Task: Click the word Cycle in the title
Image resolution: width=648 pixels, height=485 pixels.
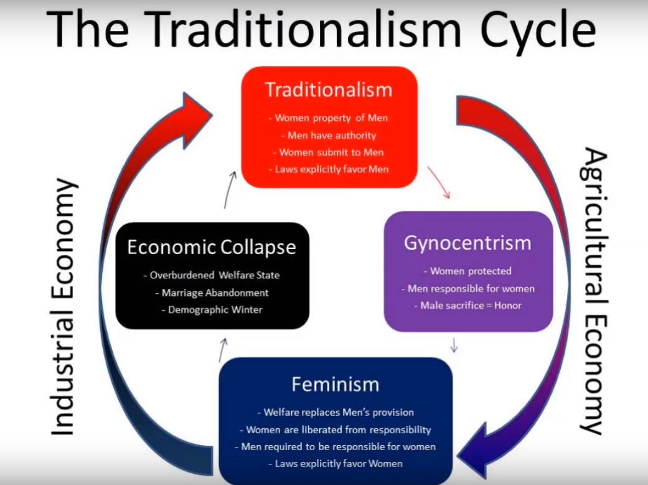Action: coord(538,30)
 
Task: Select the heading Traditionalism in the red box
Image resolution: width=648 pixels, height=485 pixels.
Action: coord(329,90)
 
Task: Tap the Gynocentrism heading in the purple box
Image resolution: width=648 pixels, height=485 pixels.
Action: coord(467,243)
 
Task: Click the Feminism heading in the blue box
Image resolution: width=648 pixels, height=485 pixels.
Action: coord(335,384)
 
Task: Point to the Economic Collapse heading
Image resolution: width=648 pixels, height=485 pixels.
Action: coord(212,247)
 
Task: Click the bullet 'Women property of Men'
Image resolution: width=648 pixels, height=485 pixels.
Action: coord(328,118)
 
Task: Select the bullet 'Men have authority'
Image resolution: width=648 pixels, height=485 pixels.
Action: coord(329,135)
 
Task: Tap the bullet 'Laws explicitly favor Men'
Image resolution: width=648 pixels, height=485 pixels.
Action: coord(329,169)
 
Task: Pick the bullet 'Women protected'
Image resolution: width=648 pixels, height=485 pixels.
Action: coord(467,271)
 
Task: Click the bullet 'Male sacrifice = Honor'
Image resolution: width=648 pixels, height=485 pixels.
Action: coord(467,305)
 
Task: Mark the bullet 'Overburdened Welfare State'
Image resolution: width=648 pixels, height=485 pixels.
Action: coord(212,275)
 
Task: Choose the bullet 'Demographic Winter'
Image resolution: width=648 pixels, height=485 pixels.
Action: coord(212,309)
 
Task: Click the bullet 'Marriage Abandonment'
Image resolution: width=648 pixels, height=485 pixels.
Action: coord(212,293)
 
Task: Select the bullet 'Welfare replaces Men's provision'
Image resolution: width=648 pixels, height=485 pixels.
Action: coord(336,412)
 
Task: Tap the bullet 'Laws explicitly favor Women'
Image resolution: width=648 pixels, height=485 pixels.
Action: coord(336,463)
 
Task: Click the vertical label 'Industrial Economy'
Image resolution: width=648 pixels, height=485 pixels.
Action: coord(64,307)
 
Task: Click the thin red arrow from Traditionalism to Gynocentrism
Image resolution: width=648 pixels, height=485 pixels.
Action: coord(439,182)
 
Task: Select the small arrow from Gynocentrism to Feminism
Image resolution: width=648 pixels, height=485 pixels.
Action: coord(454,346)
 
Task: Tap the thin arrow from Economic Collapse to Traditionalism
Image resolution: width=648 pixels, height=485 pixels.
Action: coord(230,190)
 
